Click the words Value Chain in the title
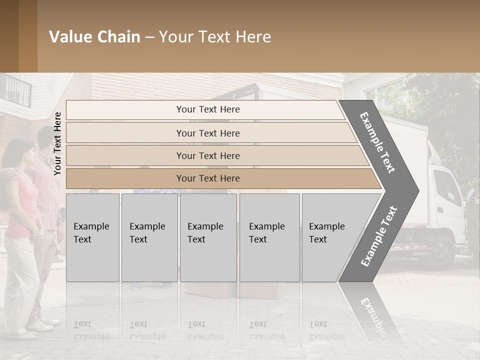94,37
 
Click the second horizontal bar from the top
208,133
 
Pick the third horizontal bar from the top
208,155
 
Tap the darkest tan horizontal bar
208,178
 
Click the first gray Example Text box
92,237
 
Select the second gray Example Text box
149,237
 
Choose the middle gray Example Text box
208,237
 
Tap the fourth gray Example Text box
269,237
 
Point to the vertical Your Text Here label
57,143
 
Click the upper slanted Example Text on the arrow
377,142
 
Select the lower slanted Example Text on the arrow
379,236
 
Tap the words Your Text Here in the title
215,37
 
